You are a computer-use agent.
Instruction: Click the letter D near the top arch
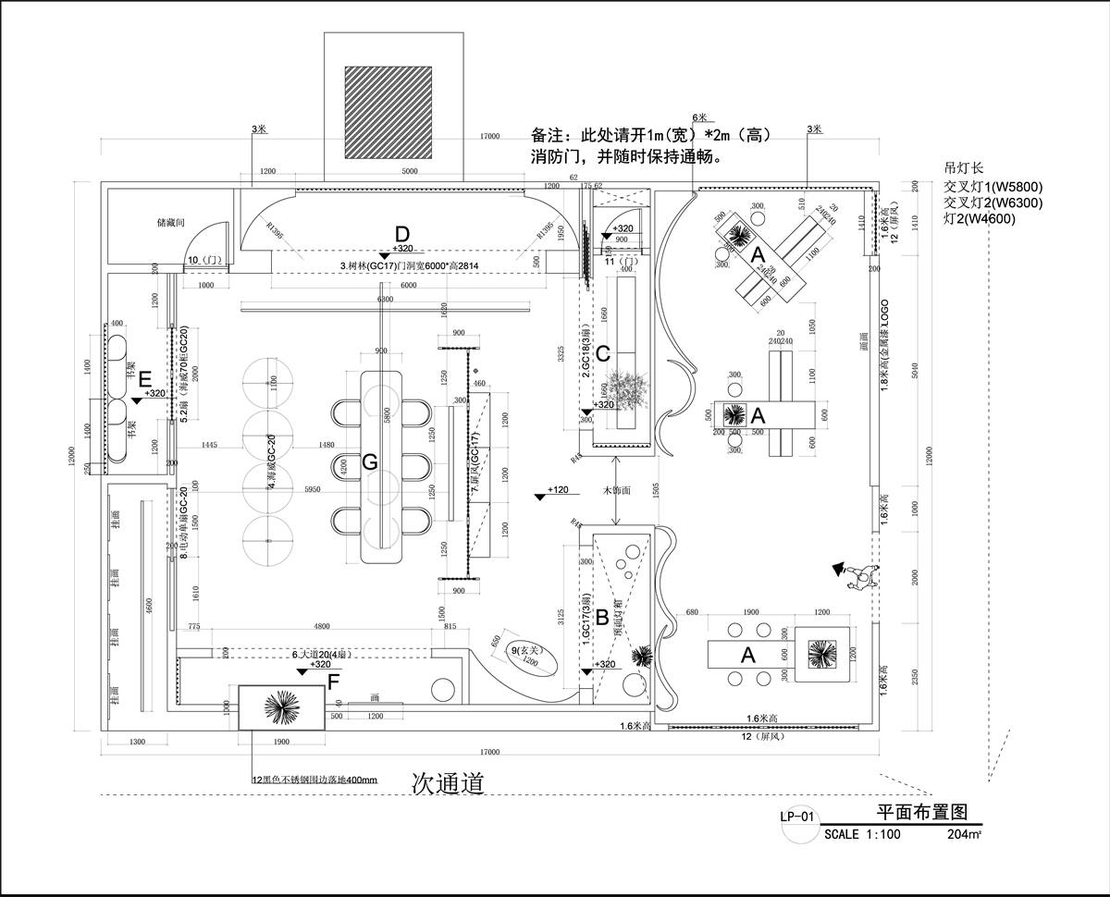pos(401,233)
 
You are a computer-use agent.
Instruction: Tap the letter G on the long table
pos(369,461)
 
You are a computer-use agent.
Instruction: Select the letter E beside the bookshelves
pos(144,378)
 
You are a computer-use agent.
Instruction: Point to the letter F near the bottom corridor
pos(334,682)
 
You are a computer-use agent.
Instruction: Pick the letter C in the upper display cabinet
pos(602,352)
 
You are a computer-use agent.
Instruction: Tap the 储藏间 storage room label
pos(172,223)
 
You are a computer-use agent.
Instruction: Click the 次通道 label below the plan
pos(448,783)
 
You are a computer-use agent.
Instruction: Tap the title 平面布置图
pos(921,812)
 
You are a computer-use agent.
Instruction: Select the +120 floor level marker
pos(555,490)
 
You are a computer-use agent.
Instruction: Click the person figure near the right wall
pos(859,576)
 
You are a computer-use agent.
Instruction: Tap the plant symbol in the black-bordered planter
pos(281,708)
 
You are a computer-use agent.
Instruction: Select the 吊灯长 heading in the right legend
pos(962,169)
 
